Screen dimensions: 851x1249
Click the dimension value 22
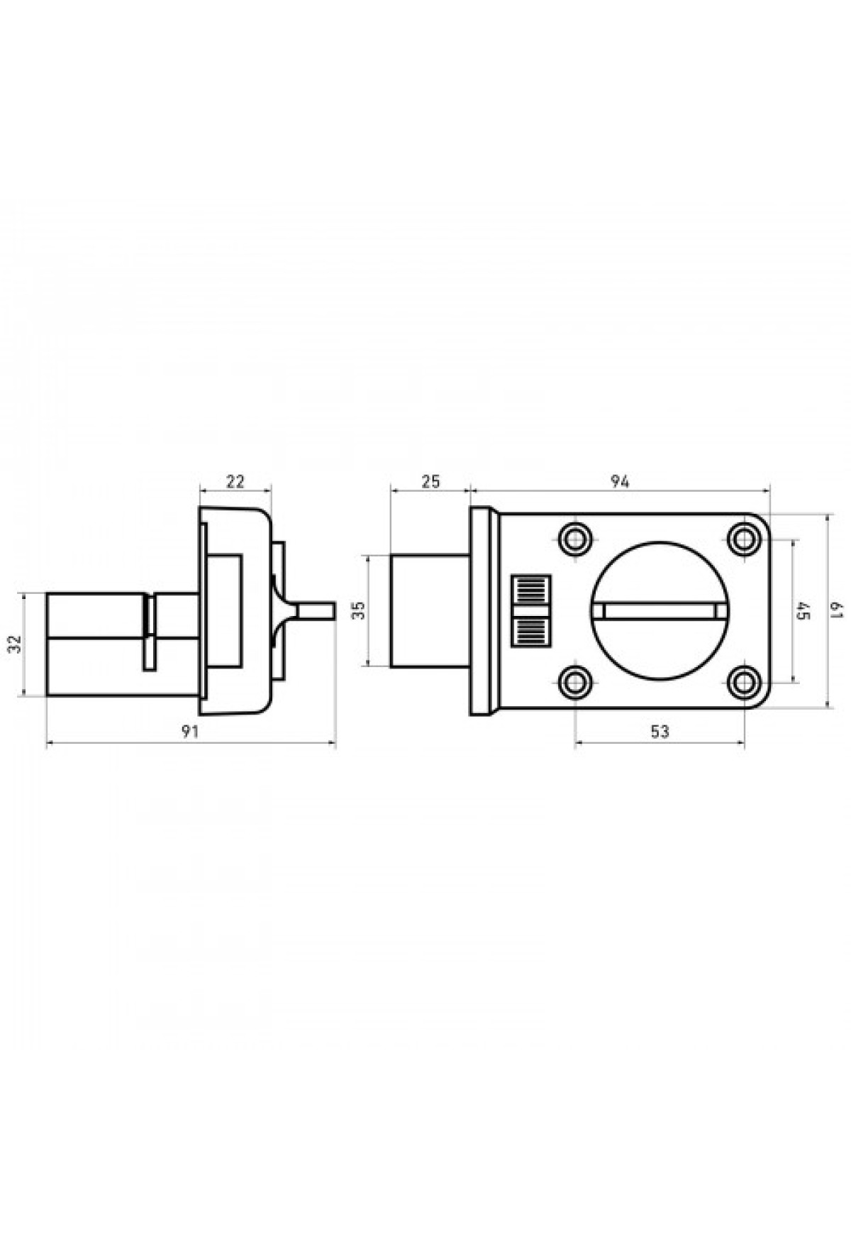coord(235,482)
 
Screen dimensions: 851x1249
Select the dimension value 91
coord(189,732)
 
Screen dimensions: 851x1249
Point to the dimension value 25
coord(430,482)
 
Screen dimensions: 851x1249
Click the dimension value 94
coord(620,482)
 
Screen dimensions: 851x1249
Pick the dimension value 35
coord(358,611)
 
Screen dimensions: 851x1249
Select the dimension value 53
coord(659,732)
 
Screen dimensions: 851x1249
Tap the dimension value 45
coord(803,611)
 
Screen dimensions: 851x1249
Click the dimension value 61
coord(837,610)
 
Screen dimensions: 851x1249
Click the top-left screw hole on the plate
coord(575,539)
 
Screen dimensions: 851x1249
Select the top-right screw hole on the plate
coord(744,539)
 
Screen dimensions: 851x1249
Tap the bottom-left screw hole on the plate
coord(575,683)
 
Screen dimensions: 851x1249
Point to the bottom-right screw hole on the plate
coord(744,683)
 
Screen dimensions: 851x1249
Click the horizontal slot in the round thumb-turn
coord(660,611)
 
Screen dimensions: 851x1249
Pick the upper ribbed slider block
coord(531,589)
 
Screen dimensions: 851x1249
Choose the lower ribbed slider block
coord(531,632)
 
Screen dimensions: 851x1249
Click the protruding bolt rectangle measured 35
coord(430,611)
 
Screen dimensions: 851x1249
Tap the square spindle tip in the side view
coord(316,611)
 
